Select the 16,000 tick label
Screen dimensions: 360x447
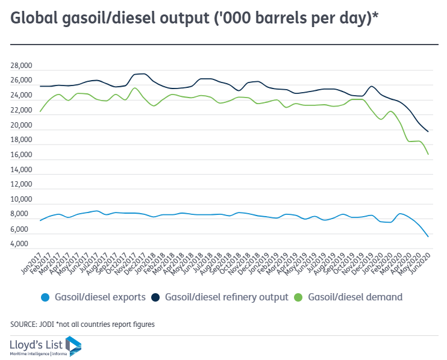pos(22,155)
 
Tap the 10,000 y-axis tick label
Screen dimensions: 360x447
pos(22,200)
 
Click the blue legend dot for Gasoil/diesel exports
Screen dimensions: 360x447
pos(45,297)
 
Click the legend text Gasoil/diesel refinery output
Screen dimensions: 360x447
pos(227,297)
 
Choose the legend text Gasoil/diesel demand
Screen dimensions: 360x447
pos(355,297)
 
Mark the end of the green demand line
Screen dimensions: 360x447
pos(428,155)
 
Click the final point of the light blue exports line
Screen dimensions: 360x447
pos(428,237)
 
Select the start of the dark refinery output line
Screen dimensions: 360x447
pos(40,86)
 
